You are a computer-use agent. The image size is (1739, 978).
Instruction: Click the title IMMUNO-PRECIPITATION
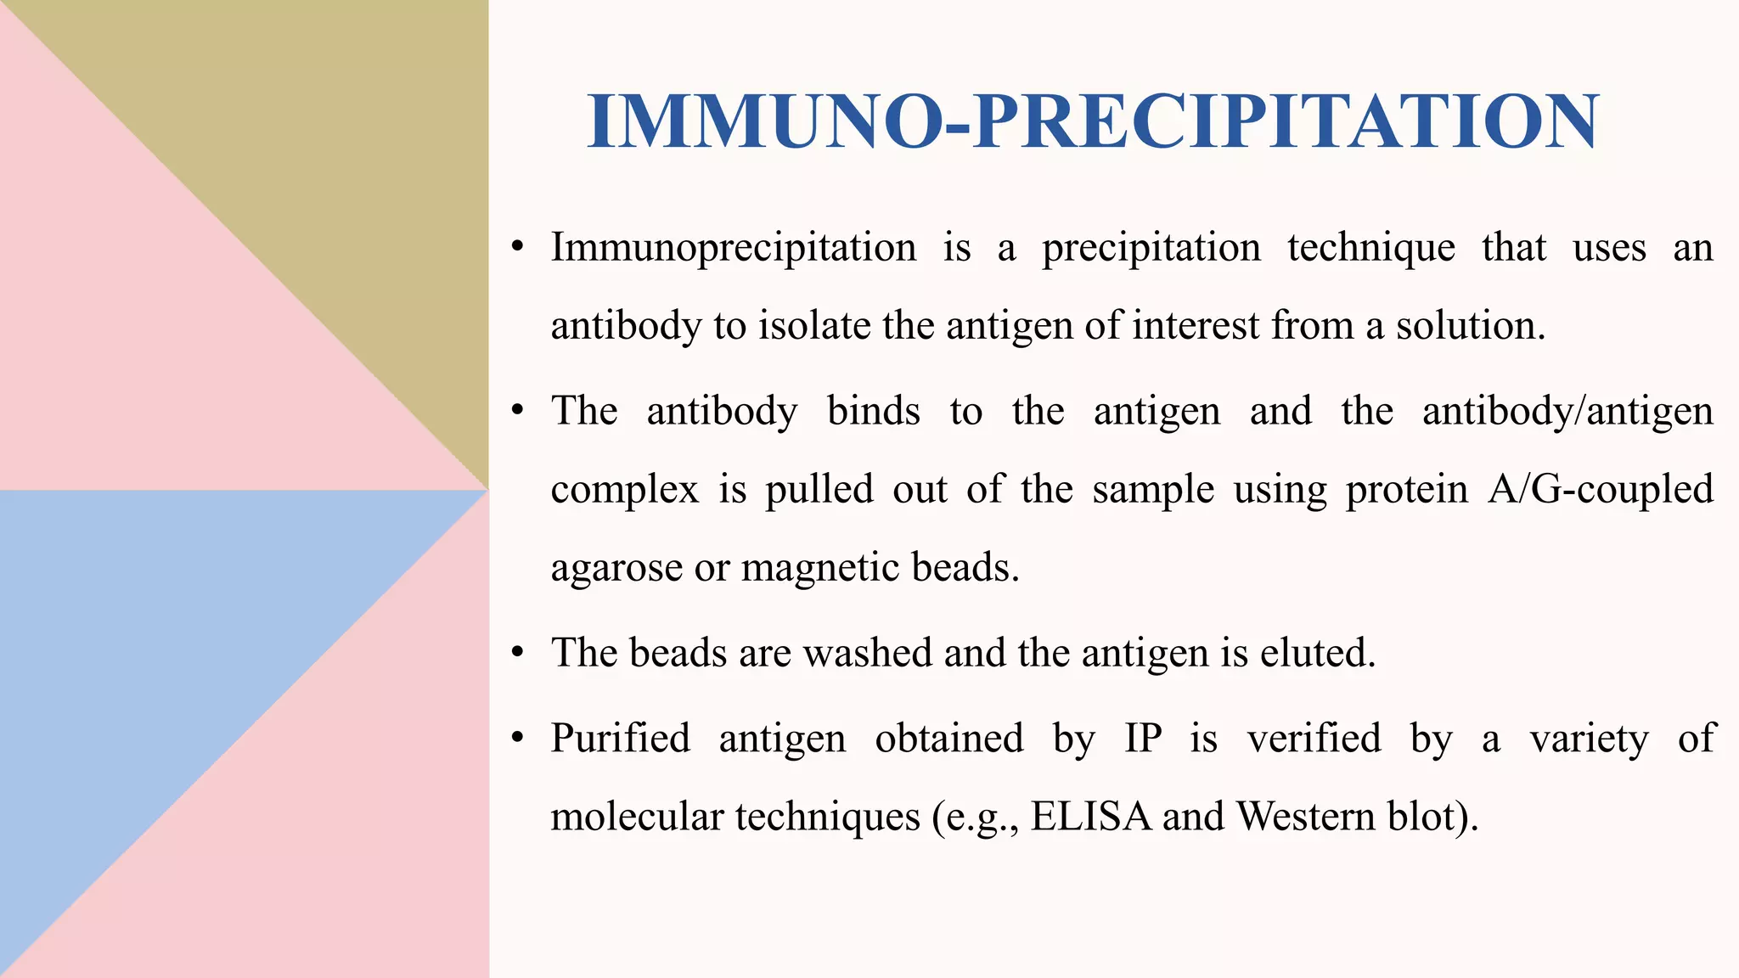[x=1093, y=122]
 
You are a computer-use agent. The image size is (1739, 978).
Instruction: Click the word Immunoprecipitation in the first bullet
[x=734, y=248]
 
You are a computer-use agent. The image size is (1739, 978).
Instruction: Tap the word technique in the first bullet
[x=1370, y=248]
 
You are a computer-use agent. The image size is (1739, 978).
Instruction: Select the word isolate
[x=814, y=326]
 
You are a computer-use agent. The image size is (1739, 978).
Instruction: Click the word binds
[x=873, y=412]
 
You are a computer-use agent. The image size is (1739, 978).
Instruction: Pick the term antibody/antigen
[x=1567, y=412]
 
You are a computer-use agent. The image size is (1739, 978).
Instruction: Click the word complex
[x=624, y=490]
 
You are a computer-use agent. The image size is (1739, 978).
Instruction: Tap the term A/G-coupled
[x=1600, y=490]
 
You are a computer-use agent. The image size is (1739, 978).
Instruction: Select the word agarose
[x=616, y=568]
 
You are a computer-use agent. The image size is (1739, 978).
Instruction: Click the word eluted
[x=1316, y=653]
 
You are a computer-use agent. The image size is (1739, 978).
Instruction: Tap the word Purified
[x=620, y=738]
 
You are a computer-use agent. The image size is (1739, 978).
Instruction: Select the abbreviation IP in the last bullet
[x=1143, y=738]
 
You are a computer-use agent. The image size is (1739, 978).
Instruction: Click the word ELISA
[x=1091, y=817]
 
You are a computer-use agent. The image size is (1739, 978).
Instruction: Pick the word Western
[x=1306, y=817]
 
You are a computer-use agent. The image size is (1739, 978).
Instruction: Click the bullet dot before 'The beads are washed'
[x=518, y=654]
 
